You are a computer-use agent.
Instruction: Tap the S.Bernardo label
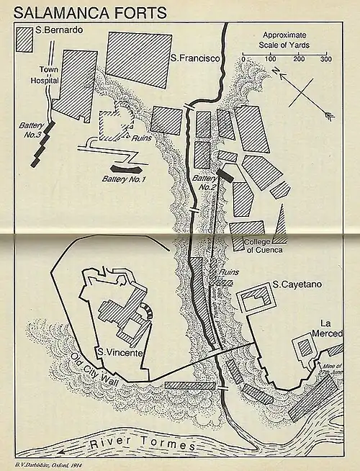point(61,31)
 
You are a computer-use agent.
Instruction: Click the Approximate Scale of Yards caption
point(285,40)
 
